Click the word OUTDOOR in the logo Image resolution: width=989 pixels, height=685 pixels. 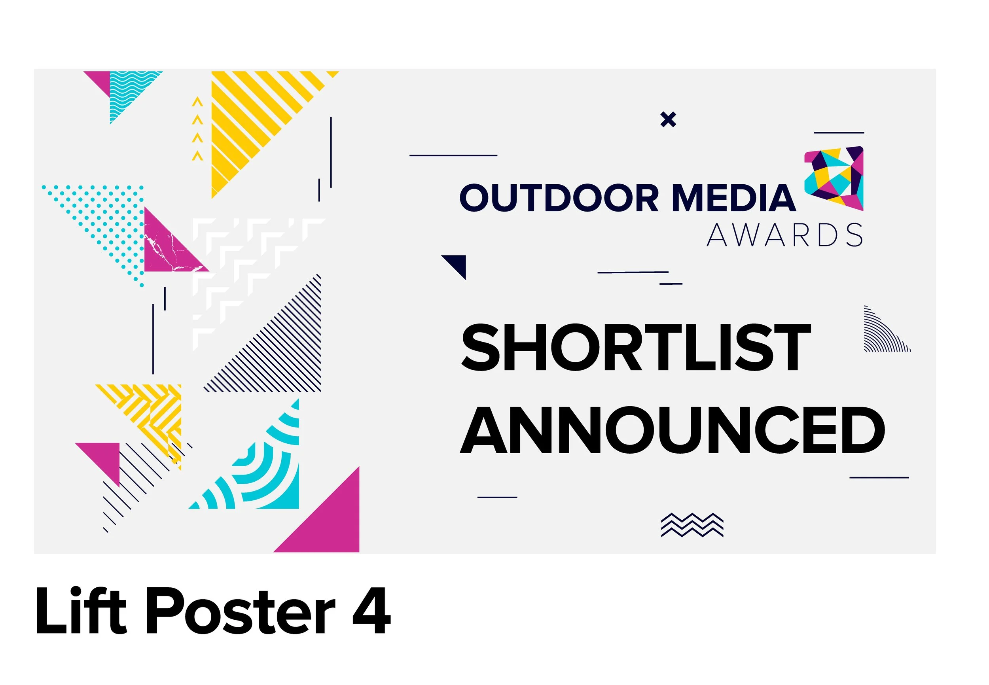click(x=559, y=198)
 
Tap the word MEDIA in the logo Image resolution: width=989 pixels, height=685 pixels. click(x=733, y=198)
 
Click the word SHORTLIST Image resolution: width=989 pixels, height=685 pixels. click(x=636, y=348)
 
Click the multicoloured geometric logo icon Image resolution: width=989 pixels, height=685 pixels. click(x=834, y=178)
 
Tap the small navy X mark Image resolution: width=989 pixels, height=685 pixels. click(x=668, y=119)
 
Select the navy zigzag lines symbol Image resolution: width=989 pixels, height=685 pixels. click(x=692, y=524)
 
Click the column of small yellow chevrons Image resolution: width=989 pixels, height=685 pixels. click(x=197, y=129)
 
